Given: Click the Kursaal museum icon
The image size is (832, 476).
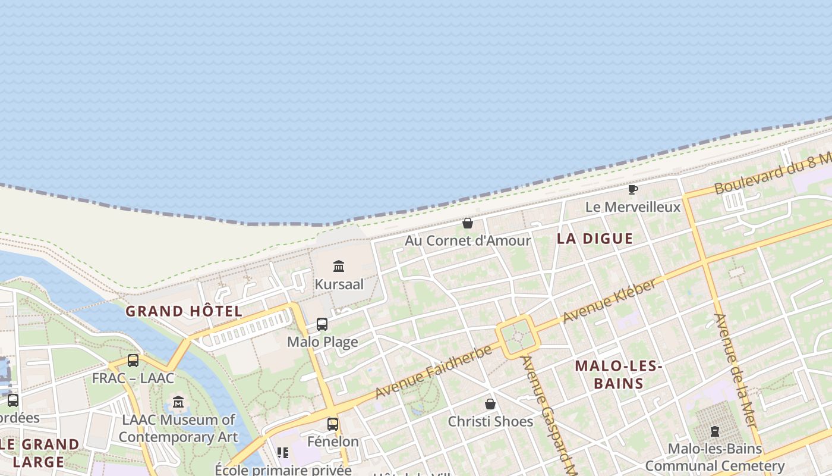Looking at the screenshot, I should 339,266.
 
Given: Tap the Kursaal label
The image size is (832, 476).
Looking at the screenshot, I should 339,284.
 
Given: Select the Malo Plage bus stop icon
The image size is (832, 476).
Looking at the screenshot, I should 322,324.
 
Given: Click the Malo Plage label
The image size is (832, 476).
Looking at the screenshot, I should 323,342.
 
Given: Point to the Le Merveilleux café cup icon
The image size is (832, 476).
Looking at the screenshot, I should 633,190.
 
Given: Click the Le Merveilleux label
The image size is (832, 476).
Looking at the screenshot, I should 633,207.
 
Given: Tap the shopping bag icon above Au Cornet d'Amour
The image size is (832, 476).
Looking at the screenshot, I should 468,223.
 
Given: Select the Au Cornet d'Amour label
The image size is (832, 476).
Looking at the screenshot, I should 468,241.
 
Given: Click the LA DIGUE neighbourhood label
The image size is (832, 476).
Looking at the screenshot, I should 595,239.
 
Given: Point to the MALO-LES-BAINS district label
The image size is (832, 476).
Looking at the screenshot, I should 619,374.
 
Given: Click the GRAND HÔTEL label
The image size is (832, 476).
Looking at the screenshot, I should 184,311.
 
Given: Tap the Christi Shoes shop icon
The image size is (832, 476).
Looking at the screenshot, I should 490,404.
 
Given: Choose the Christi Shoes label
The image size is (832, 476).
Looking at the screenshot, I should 490,422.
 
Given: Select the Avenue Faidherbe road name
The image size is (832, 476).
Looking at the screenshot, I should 434,371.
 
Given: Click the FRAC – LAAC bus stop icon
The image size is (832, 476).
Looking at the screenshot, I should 133,360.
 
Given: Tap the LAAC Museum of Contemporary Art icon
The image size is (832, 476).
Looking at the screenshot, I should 178,402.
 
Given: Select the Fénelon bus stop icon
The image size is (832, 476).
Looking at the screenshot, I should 333,424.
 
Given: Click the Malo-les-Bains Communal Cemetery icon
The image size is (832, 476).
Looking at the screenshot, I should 715,431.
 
